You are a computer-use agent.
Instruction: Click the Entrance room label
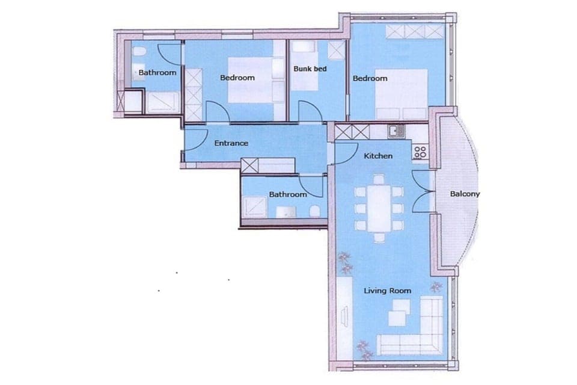231,143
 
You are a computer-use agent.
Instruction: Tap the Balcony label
465,194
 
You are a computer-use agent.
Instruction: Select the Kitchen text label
378,156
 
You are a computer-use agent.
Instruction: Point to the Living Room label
388,291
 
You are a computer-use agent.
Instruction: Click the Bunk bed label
310,69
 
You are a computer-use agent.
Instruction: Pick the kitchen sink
395,131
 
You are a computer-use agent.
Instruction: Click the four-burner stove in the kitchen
420,152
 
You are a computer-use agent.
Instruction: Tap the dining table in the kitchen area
379,208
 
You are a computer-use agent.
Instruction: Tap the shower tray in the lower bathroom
254,206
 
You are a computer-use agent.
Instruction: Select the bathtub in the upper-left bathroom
163,102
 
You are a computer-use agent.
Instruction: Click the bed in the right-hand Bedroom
401,94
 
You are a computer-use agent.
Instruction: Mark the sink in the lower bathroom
286,212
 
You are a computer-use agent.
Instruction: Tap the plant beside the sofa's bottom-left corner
365,350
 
